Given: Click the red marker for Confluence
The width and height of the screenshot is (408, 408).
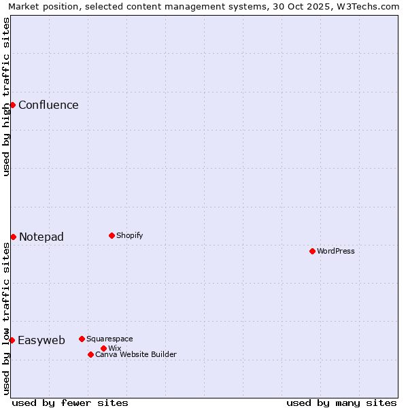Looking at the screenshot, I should coord(12,105).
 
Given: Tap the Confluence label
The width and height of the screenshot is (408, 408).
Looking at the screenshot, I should coord(48,105).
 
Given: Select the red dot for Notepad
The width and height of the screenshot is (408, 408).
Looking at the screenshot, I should coord(13,237).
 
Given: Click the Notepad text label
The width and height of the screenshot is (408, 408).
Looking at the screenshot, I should coord(41,237).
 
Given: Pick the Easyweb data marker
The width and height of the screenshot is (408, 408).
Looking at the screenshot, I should coord(12,340).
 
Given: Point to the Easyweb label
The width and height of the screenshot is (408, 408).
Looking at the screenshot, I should coord(41,341).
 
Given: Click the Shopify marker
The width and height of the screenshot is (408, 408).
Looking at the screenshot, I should coord(112,235).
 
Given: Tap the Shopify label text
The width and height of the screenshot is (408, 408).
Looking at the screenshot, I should coord(129,235).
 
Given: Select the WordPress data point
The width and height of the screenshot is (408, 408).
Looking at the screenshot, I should coord(312,251).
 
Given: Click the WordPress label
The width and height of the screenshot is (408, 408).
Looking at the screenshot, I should coord(336,251).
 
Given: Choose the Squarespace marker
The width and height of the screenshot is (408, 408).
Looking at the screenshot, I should coord(82,339).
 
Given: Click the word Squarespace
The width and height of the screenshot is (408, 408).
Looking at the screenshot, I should coord(109,339).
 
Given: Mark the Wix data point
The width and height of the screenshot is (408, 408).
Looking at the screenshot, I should coord(103,348).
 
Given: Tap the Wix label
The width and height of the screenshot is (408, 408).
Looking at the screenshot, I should coord(114,348).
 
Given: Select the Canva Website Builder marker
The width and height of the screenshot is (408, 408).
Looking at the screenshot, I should coord(90,354).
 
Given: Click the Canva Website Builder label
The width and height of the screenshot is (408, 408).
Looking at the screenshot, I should coord(136,354).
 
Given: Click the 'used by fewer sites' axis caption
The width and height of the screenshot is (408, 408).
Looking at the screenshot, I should coord(70,403).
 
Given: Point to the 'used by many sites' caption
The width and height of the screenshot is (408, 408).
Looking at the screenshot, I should coord(341,403).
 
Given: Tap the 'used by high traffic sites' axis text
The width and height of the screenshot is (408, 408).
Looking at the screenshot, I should coord(6,97).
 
